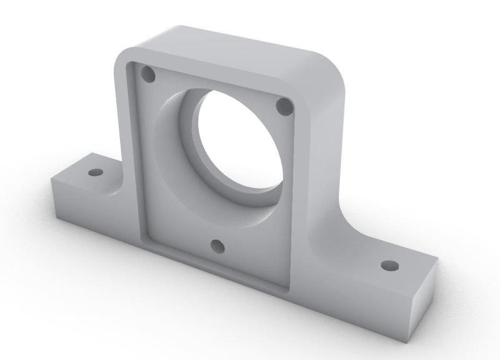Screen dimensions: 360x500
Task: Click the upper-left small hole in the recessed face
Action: coord(148,75)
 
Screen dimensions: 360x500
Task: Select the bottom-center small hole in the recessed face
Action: coord(217,246)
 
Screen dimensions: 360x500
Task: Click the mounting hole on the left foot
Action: coord(94,172)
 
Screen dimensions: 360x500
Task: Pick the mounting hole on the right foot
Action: coord(390,266)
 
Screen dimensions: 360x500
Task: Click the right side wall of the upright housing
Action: coord(325,175)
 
